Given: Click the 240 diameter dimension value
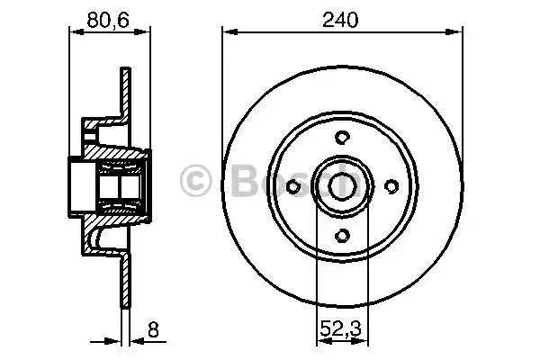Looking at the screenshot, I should [343, 19].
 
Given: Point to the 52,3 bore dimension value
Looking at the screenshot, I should [342, 342].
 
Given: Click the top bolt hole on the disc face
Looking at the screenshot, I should [342, 137].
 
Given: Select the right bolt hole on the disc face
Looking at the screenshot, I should [391, 185].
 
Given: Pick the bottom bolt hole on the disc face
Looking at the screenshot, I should [342, 235].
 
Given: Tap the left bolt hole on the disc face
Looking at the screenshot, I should [293, 185].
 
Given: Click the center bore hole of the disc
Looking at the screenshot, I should [342, 185].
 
